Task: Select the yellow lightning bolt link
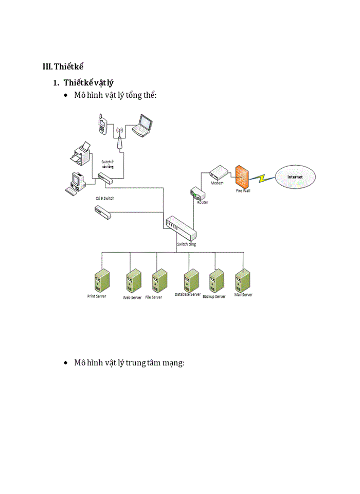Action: [x=266, y=178]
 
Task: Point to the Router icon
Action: [x=197, y=194]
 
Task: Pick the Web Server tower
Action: [x=134, y=281]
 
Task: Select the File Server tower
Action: [x=159, y=281]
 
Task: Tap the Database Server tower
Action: [x=191, y=280]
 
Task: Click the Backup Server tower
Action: [x=216, y=280]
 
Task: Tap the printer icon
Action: [x=82, y=153]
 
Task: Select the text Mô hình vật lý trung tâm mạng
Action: [x=129, y=363]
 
